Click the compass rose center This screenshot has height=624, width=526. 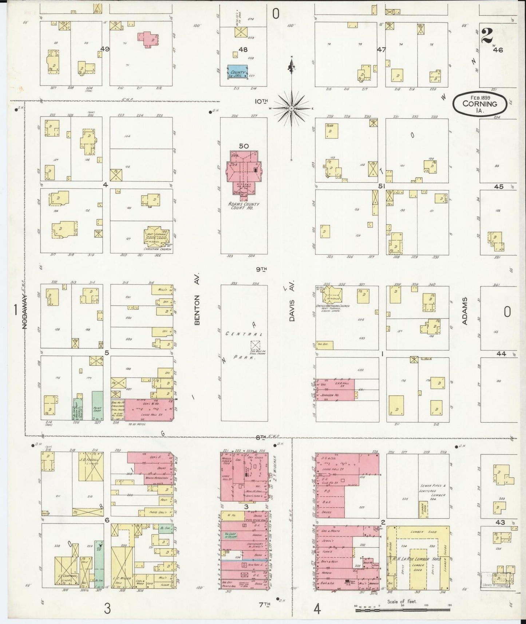point(292,108)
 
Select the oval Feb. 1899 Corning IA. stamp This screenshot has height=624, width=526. point(480,104)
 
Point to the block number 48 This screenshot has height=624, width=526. point(243,49)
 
